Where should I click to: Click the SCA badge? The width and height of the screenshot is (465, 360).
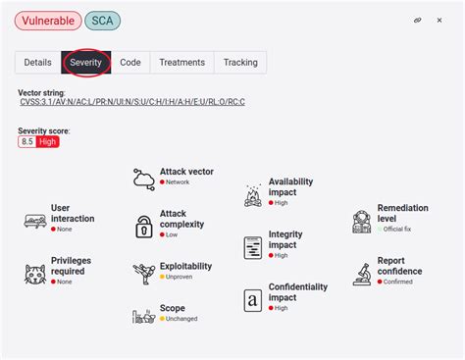[104, 20]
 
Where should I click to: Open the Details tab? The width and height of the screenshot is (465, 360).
[37, 63]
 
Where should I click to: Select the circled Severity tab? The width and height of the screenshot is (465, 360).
[85, 63]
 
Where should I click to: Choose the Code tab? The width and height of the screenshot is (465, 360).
[130, 63]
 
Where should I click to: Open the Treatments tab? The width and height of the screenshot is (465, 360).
[181, 63]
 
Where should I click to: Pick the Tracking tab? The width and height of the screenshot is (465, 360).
[240, 63]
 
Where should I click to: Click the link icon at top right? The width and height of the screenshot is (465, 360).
[417, 20]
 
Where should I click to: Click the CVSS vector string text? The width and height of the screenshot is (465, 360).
[131, 102]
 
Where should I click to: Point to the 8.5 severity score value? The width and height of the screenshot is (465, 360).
[27, 141]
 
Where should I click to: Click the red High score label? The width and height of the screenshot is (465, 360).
[48, 141]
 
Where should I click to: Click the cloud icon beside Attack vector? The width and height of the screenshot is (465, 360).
[144, 178]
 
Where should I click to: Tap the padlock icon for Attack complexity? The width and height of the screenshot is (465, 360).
[144, 224]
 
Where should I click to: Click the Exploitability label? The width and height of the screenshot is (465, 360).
[185, 266]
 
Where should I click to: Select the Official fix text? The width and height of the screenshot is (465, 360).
[399, 230]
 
